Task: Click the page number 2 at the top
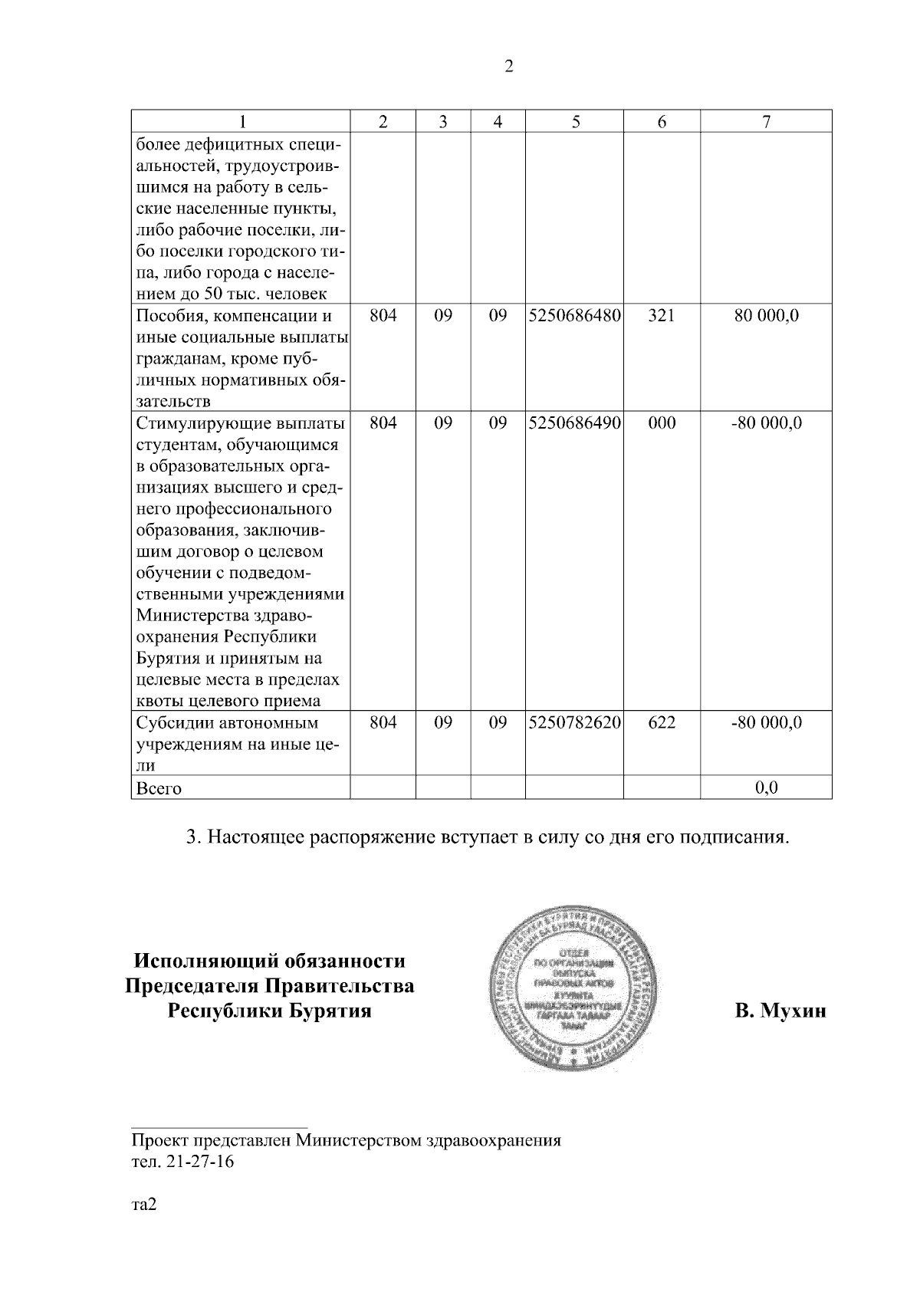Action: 508,67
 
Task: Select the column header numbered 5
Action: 575,121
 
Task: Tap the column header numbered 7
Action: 766,121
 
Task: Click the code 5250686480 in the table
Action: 575,315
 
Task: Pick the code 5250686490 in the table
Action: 575,422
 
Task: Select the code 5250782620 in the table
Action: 575,722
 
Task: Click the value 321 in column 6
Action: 662,315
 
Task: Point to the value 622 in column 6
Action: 662,722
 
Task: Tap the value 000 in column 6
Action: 662,422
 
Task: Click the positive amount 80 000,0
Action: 766,315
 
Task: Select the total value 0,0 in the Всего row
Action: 766,787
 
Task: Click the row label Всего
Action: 159,788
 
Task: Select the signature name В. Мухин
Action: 780,1011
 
